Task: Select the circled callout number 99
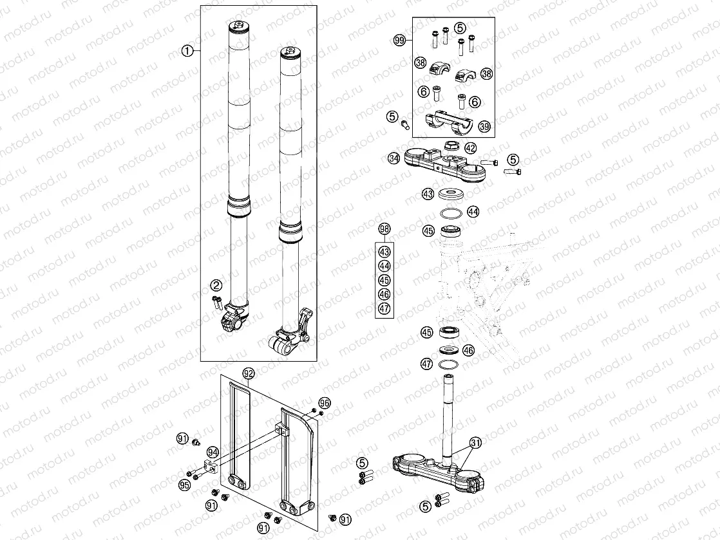click(x=399, y=40)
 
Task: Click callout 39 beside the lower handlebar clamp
click(x=484, y=127)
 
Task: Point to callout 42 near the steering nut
click(x=470, y=147)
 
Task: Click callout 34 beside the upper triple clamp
click(x=393, y=157)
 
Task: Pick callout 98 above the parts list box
click(x=384, y=229)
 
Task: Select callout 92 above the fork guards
click(x=249, y=372)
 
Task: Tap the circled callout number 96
click(x=324, y=403)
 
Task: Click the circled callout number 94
click(x=213, y=453)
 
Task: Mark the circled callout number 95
click(x=185, y=484)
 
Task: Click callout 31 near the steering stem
click(x=475, y=442)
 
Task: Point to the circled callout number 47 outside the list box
click(x=426, y=364)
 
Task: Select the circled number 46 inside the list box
click(x=384, y=295)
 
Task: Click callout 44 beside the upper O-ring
click(x=473, y=211)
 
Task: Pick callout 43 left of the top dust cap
click(x=428, y=193)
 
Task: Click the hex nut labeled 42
click(x=451, y=146)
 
